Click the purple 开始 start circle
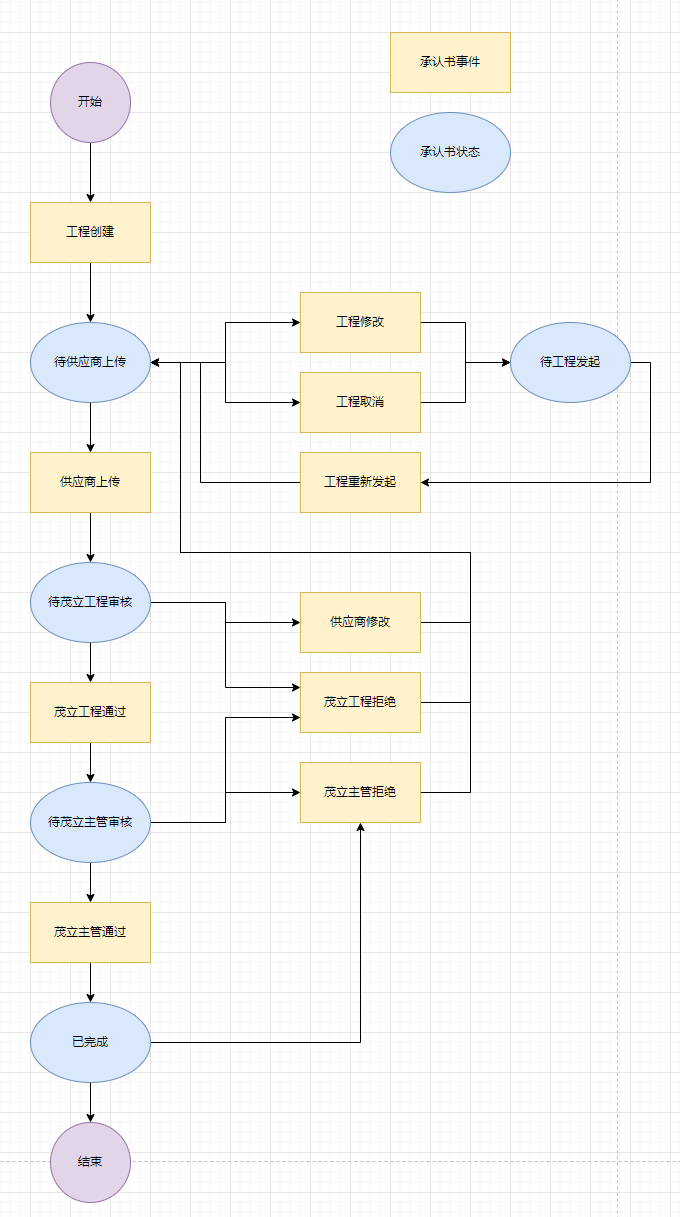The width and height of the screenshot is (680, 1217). click(90, 102)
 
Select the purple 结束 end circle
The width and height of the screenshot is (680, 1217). click(90, 1162)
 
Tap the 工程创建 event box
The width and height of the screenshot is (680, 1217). click(90, 232)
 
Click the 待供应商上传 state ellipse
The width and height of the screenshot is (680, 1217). click(90, 362)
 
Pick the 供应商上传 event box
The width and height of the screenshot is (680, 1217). click(90, 482)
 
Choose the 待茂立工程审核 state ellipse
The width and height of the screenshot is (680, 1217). click(90, 602)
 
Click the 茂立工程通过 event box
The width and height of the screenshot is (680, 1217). click(90, 712)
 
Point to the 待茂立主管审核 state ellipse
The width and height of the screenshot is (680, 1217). click(90, 822)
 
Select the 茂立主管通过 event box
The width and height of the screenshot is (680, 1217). click(90, 932)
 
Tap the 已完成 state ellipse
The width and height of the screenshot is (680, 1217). click(90, 1042)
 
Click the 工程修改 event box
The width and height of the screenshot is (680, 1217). click(360, 322)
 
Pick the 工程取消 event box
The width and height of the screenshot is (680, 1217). click(360, 402)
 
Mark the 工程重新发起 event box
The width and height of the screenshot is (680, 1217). click(360, 482)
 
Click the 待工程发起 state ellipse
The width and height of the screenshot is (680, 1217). click(570, 362)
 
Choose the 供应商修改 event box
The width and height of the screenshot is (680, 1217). click(360, 622)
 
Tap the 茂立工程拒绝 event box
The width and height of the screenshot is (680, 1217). click(360, 702)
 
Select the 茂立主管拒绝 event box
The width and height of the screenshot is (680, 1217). click(360, 792)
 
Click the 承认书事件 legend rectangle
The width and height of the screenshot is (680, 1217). click(450, 62)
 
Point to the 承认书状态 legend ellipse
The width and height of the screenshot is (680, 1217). click(450, 152)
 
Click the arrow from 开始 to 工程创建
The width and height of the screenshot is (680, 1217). click(90, 172)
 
